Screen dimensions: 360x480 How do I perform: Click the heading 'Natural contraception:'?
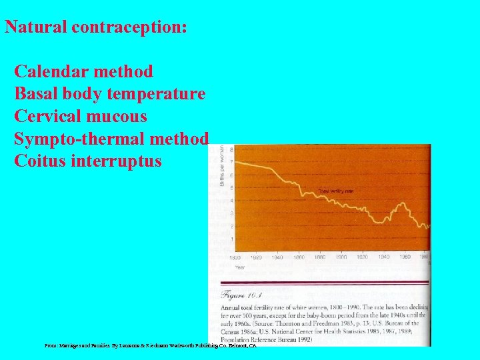point(96,28)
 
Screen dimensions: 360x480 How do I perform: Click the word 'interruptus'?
point(119,161)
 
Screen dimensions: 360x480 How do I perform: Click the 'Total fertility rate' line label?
point(335,191)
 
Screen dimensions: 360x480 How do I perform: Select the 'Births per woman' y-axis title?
point(222,167)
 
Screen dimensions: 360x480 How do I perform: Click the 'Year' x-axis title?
point(239,267)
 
